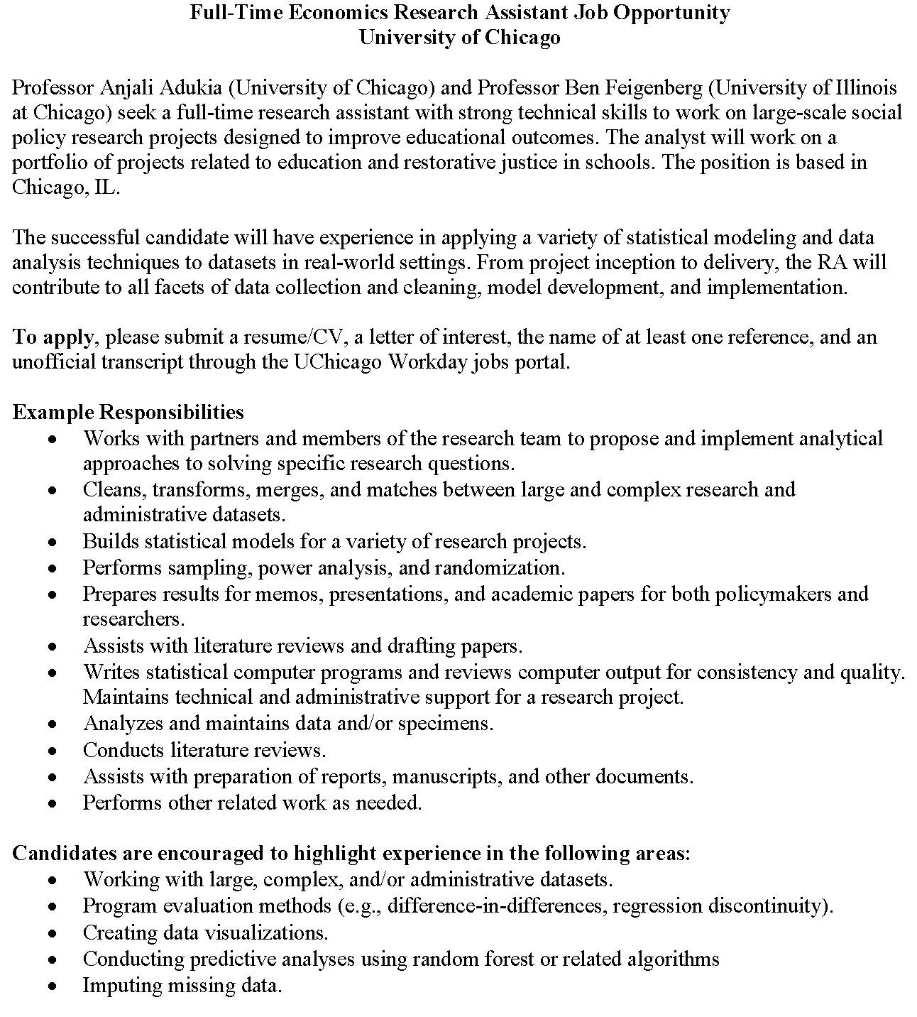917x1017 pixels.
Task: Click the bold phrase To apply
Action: coord(53,337)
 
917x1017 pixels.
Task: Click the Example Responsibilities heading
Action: coord(128,412)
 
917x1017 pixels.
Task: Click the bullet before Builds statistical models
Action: coord(53,543)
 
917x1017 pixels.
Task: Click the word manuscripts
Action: coord(446,776)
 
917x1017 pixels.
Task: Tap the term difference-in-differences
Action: coord(498,906)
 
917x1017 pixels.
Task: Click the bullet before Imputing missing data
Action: coord(53,986)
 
